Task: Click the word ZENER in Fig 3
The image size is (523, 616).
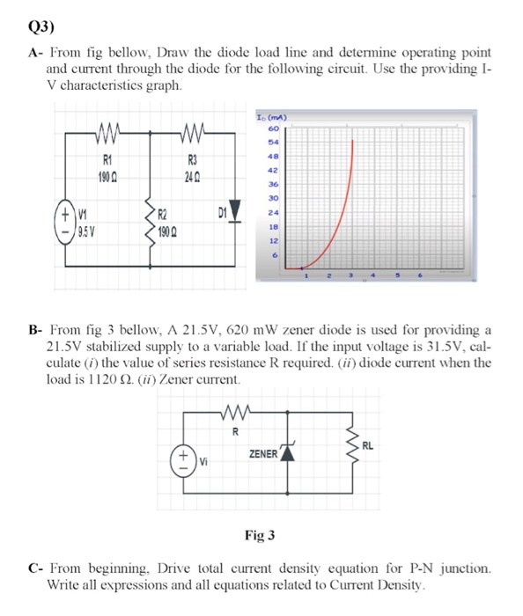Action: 263,454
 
